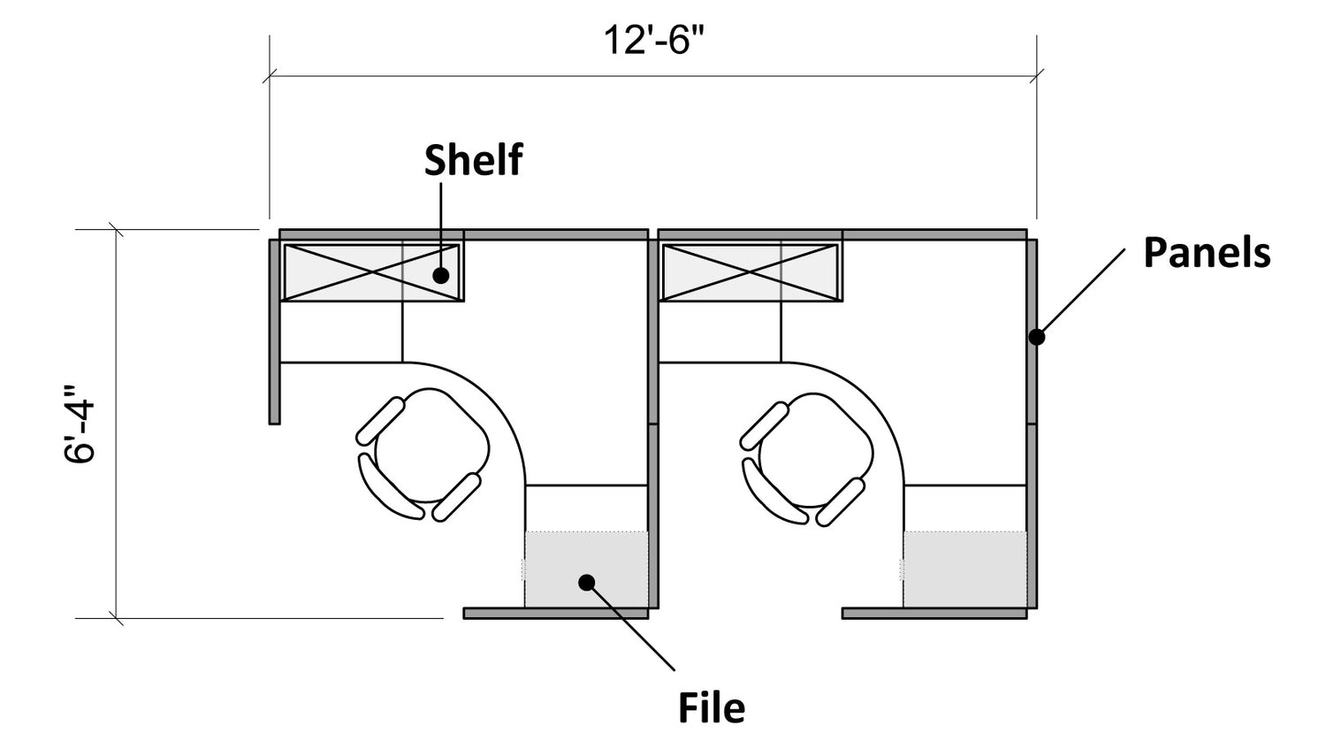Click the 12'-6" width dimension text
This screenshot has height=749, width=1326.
tap(654, 41)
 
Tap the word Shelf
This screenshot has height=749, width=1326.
tap(474, 159)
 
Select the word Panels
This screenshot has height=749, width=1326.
tap(1207, 252)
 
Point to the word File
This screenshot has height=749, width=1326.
tap(712, 707)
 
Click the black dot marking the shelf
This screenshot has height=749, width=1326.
tap(440, 275)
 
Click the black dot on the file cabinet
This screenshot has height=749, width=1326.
tap(587, 583)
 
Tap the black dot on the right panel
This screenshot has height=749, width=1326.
tap(1037, 337)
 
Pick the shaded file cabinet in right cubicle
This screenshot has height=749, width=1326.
tap(965, 569)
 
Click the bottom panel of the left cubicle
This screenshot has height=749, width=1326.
tap(556, 614)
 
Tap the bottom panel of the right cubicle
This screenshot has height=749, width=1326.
tap(934, 614)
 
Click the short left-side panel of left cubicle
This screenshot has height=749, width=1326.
tap(274, 332)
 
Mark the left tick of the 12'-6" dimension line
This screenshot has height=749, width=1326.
tap(270, 76)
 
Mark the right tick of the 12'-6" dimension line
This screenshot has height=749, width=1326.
tap(1037, 76)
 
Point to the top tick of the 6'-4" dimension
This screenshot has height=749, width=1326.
tap(116, 229)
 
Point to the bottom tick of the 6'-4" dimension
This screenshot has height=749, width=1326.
tap(116, 619)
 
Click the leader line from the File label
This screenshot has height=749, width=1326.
tap(630, 626)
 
